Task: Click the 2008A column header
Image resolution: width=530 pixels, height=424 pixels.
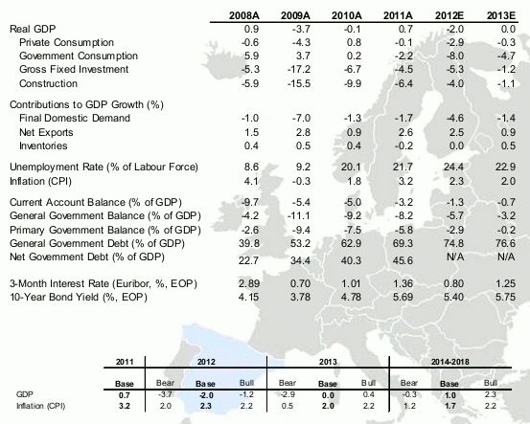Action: tap(248, 16)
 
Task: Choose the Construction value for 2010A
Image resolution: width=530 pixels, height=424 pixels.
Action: tap(352, 84)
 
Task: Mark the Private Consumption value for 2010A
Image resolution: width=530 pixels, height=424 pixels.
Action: tap(353, 44)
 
